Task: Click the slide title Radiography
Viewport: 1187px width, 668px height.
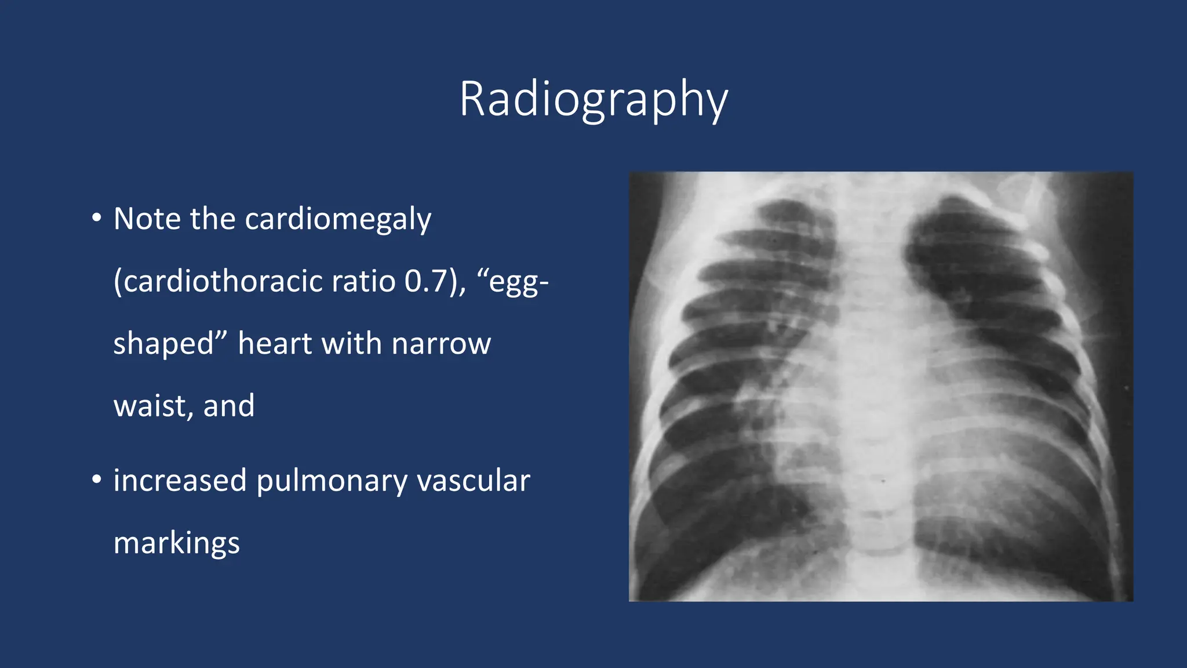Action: point(593,100)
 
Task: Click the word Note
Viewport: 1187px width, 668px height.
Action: point(147,219)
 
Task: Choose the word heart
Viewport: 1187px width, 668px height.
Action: point(275,343)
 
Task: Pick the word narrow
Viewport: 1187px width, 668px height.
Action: point(441,343)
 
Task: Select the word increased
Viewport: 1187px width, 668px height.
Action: point(180,481)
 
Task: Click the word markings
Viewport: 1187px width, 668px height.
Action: point(176,544)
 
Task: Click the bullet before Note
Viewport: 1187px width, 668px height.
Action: point(97,219)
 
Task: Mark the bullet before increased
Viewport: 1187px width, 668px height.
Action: point(97,480)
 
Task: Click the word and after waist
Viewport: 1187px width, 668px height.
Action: point(229,406)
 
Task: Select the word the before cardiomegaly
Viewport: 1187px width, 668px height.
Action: point(213,219)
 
